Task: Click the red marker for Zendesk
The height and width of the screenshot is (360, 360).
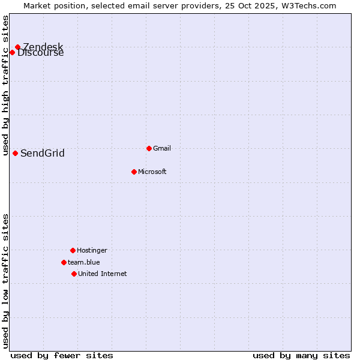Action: click(x=17, y=47)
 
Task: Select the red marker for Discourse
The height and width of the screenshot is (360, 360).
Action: click(x=12, y=53)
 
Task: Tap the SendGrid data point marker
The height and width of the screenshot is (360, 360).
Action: click(x=15, y=153)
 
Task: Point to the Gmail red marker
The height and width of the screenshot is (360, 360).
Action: click(x=149, y=148)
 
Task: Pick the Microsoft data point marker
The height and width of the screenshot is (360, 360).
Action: click(x=134, y=172)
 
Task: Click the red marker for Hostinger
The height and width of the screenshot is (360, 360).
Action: click(x=73, y=250)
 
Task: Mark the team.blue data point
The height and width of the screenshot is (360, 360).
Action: click(x=64, y=262)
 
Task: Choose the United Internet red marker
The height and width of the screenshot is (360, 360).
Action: click(x=74, y=274)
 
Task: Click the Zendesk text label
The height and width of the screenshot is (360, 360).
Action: click(x=43, y=47)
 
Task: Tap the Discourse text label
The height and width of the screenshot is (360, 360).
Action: click(x=41, y=53)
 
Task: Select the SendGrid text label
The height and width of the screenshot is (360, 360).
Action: click(x=43, y=154)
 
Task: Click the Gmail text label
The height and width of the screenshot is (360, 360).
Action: click(x=162, y=148)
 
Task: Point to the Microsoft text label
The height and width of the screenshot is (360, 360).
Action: click(x=152, y=172)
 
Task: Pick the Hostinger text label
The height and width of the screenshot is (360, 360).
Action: click(x=92, y=250)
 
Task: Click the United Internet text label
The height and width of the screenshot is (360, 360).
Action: click(x=103, y=274)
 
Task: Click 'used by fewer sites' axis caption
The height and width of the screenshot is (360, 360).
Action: click(x=62, y=355)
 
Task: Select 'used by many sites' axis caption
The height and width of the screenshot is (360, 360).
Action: click(x=301, y=355)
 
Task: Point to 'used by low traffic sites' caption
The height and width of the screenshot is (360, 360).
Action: click(x=5, y=281)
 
